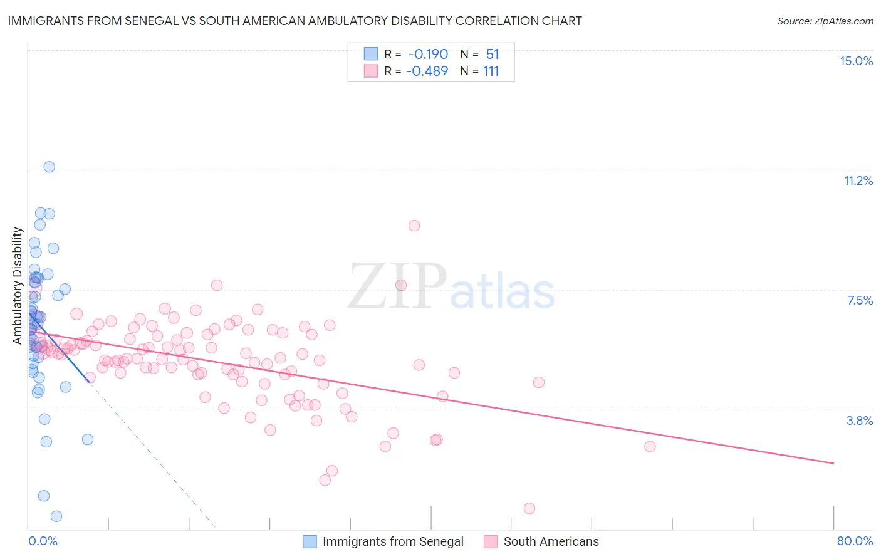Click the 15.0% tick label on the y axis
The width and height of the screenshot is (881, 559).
[856, 61]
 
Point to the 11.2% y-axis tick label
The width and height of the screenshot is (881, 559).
[858, 180]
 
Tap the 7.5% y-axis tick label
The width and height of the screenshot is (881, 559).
[860, 300]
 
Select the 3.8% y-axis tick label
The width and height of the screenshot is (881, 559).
[860, 421]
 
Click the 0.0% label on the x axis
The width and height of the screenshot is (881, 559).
[43, 541]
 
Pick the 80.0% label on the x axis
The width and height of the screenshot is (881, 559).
[855, 541]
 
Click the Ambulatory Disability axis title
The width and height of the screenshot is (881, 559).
[18, 286]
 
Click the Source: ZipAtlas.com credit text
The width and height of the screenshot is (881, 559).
[825, 21]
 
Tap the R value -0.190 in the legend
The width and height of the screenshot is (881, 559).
[428, 54]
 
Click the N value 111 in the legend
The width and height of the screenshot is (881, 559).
[491, 71]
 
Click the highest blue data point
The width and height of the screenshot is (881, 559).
[49, 167]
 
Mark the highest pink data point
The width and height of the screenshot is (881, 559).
[414, 226]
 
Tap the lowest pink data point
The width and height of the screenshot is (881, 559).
[529, 508]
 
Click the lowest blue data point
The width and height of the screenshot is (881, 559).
[56, 516]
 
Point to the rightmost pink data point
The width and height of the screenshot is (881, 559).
[650, 446]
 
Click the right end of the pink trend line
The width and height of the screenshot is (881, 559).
[834, 463]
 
